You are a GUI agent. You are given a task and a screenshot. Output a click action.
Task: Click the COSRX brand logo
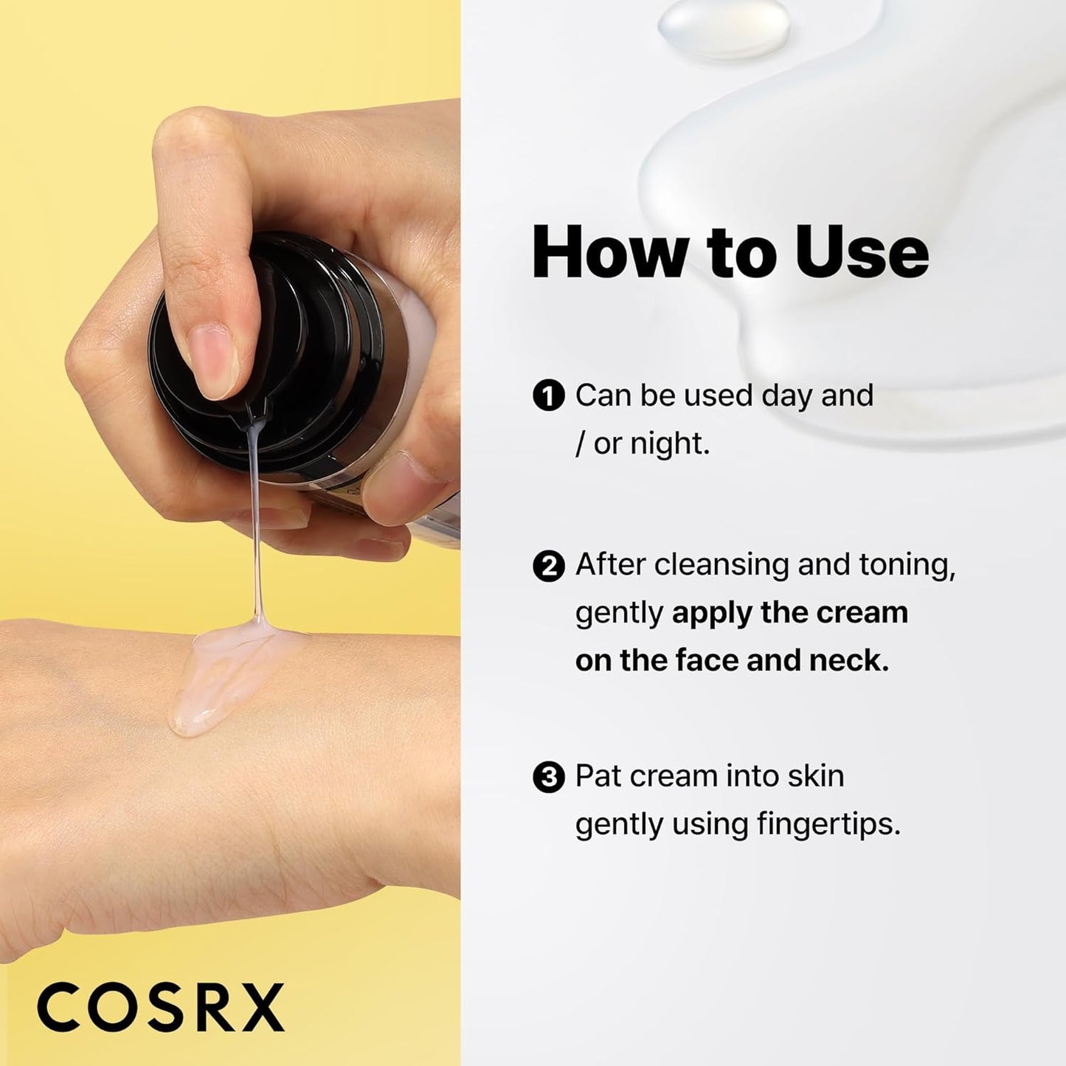(x=160, y=1006)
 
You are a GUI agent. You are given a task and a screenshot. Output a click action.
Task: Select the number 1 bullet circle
(x=547, y=396)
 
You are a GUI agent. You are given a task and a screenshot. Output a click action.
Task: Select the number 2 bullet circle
(x=547, y=567)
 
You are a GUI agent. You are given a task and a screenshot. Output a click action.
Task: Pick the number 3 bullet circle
(x=547, y=778)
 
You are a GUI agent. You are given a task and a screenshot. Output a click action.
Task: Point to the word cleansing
(x=722, y=565)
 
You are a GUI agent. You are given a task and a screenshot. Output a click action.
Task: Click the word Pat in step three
(x=598, y=776)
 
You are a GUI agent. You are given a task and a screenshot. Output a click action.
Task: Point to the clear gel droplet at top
(x=724, y=28)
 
